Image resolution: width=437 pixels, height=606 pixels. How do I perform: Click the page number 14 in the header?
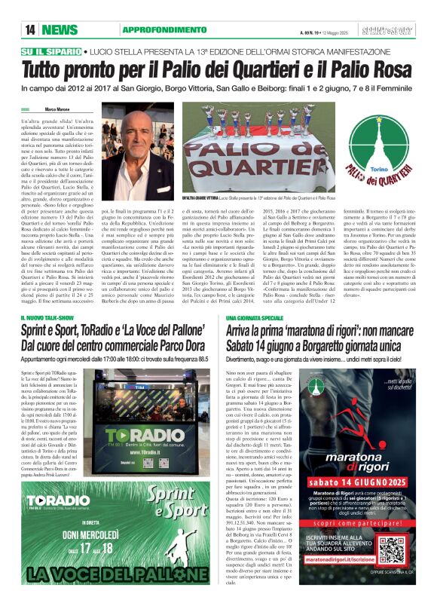click(x=30, y=29)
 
